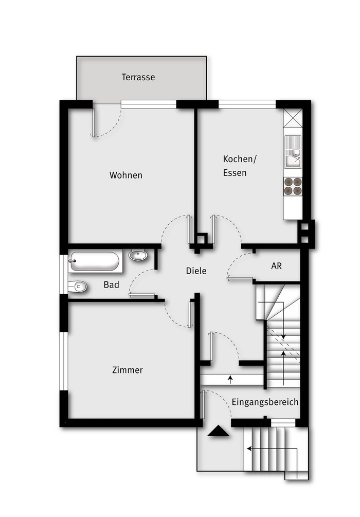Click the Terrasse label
138,77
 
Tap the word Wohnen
126,175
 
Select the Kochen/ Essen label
240,166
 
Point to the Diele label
196,271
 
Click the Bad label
112,284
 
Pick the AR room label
276,266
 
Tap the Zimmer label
128,370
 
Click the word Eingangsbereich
265,402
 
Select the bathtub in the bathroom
95,261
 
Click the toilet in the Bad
78,287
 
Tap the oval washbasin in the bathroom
138,255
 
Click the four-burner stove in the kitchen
293,186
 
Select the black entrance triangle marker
218,431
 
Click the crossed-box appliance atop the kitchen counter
293,118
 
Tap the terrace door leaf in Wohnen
94,122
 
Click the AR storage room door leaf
240,279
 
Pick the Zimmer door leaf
191,314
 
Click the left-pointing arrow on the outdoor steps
272,449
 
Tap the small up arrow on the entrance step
230,380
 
